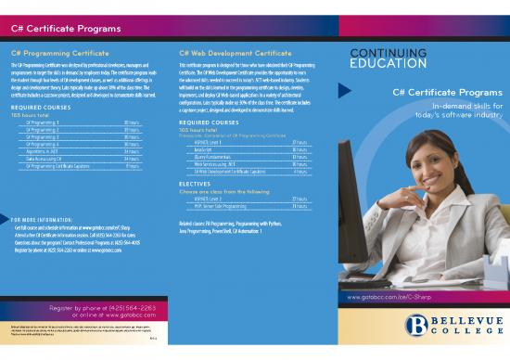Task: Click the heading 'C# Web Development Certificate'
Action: (229, 53)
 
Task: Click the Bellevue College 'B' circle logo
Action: (416, 324)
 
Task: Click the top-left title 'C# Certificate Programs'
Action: (51, 28)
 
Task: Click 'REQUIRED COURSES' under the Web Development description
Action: (209, 122)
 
